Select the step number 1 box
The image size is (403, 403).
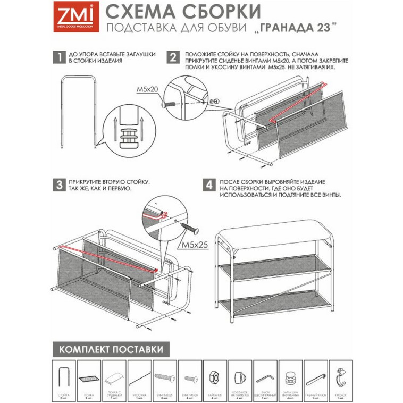pos(59,58)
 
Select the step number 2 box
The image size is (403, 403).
pos(173,58)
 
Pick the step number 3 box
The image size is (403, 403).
pos(59,186)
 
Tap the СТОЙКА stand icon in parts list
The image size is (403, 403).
pos(64,375)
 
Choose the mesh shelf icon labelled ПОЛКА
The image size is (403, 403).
pos(89,378)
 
